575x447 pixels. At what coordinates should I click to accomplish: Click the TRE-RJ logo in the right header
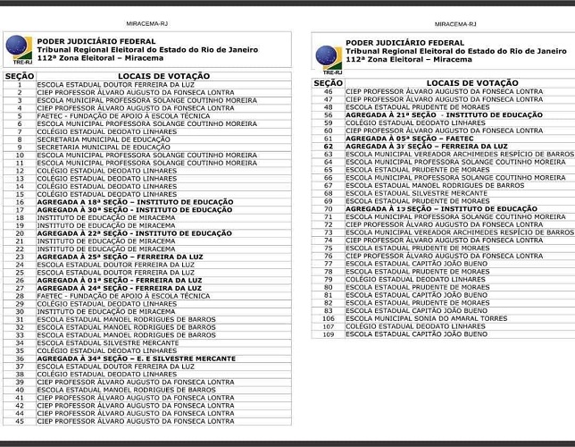click(x=328, y=56)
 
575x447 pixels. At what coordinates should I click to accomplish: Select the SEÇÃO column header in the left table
click(x=19, y=76)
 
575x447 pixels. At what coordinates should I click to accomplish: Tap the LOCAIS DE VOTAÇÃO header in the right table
click(x=460, y=82)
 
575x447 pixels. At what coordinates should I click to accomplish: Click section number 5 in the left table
click(x=19, y=115)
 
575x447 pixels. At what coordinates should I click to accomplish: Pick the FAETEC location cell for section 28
click(x=123, y=295)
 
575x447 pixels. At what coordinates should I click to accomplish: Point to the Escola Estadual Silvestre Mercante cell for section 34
click(x=107, y=342)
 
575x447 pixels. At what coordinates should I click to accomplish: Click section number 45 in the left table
click(x=19, y=420)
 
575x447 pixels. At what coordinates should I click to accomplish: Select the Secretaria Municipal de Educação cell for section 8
click(x=103, y=139)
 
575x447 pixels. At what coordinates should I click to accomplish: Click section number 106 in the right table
click(x=329, y=318)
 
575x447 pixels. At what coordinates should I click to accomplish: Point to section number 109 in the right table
click(x=329, y=333)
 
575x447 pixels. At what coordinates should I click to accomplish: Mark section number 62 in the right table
click(x=329, y=147)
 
